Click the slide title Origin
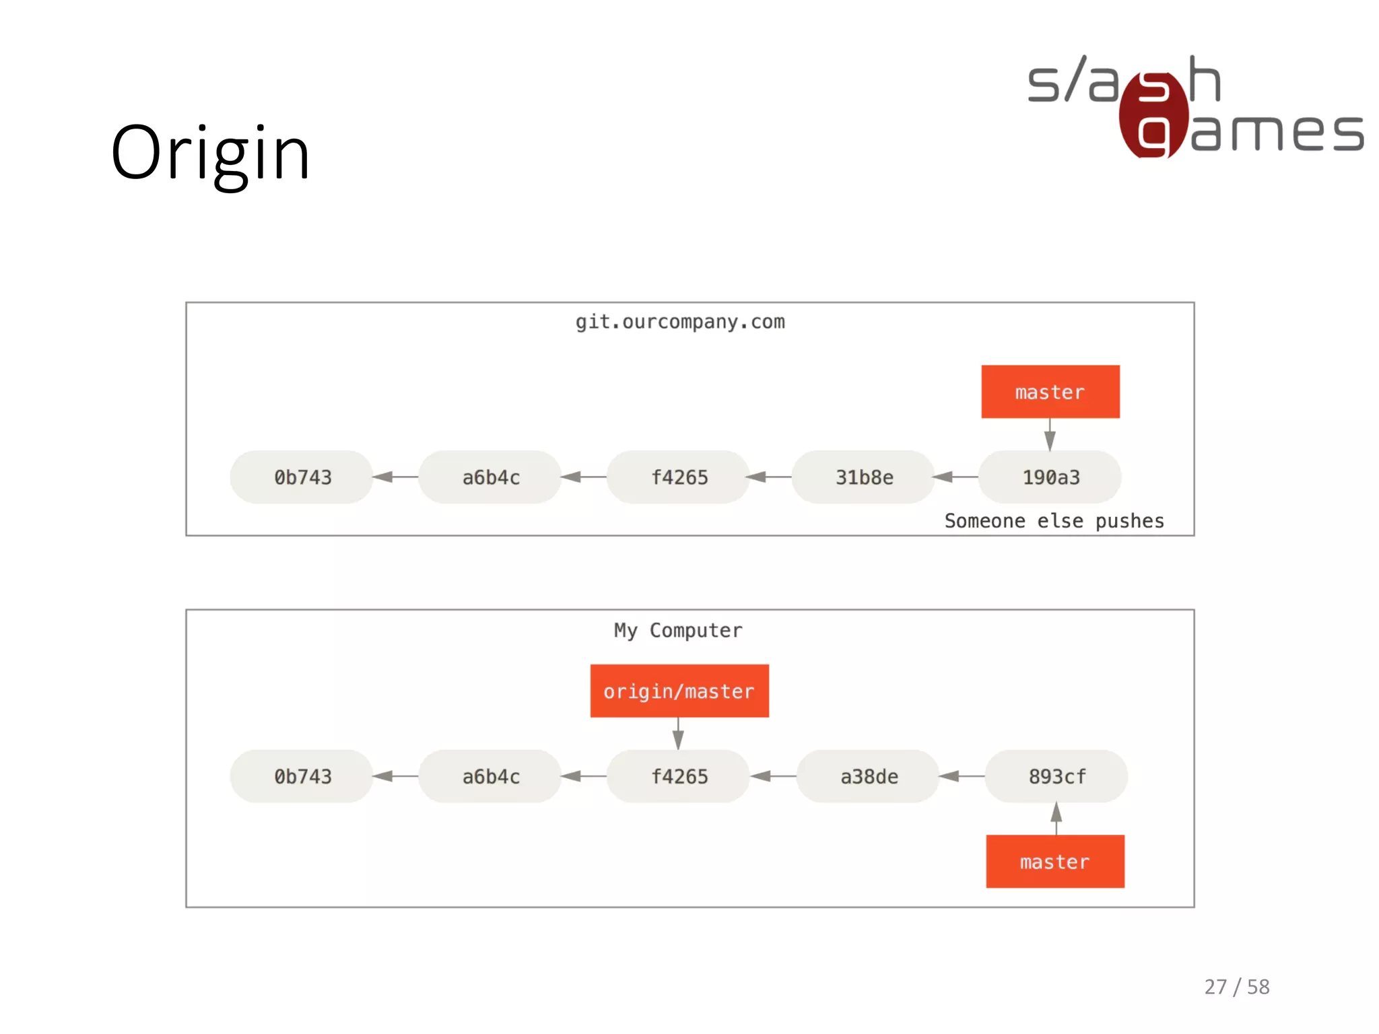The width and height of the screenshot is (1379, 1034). [x=210, y=153]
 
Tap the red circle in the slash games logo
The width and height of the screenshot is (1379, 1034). [x=1153, y=114]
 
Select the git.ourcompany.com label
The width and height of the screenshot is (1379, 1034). [x=680, y=322]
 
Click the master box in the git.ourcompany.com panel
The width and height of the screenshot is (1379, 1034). [x=1050, y=392]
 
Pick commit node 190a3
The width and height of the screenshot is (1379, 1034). [x=1050, y=477]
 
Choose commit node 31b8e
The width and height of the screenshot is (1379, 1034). [x=864, y=477]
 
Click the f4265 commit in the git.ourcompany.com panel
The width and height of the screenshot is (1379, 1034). [x=679, y=477]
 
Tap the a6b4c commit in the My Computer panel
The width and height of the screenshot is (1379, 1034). [x=490, y=776]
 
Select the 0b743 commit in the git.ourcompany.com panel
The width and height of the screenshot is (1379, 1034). [x=302, y=477]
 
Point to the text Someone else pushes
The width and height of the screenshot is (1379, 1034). [x=1054, y=521]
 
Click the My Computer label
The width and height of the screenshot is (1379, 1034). [x=678, y=630]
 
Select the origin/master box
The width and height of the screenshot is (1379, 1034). [x=679, y=691]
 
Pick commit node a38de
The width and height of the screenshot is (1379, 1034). [x=869, y=776]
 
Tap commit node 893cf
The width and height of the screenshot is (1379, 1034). [x=1056, y=776]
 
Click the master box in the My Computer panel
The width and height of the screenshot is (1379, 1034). [x=1054, y=862]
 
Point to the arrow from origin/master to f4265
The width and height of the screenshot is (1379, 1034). [x=678, y=734]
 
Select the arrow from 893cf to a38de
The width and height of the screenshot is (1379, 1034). [x=962, y=776]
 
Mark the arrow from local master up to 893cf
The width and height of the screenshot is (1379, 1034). [x=1056, y=818]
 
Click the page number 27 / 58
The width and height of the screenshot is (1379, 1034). [x=1236, y=987]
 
